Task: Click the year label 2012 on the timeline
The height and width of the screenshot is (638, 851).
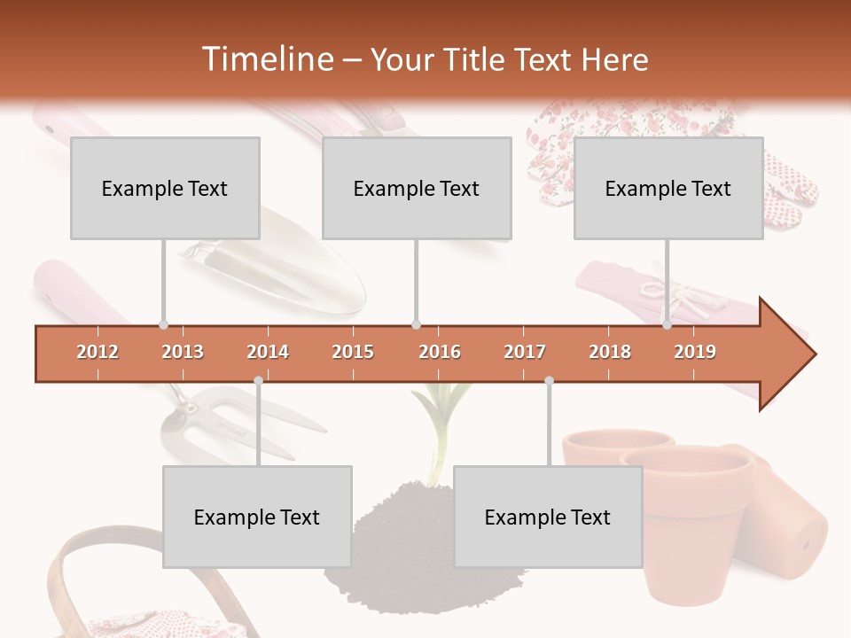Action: (x=98, y=352)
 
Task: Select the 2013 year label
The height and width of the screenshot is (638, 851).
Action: (x=183, y=352)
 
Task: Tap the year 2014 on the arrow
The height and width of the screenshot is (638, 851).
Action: (x=268, y=352)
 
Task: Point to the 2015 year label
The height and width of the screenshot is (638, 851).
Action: (x=353, y=352)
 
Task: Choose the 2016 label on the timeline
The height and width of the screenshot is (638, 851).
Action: (x=440, y=352)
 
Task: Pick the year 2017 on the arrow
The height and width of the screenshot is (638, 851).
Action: (x=525, y=352)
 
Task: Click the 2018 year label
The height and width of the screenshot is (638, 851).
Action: (x=610, y=352)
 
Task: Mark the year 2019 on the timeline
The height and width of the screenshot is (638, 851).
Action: (x=695, y=352)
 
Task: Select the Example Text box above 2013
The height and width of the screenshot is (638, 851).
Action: (x=165, y=188)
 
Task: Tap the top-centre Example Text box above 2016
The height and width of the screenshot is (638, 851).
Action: (x=417, y=188)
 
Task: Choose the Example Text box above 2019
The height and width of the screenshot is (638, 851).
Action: (x=668, y=188)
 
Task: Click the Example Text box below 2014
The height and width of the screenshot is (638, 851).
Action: (x=257, y=517)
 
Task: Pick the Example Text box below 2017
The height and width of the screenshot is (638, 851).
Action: (x=548, y=517)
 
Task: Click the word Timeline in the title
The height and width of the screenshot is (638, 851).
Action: (x=266, y=59)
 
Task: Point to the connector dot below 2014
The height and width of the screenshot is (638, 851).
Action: (x=258, y=381)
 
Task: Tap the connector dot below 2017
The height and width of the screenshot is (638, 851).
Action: (x=549, y=381)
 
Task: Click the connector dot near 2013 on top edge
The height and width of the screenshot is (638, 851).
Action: (x=163, y=325)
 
